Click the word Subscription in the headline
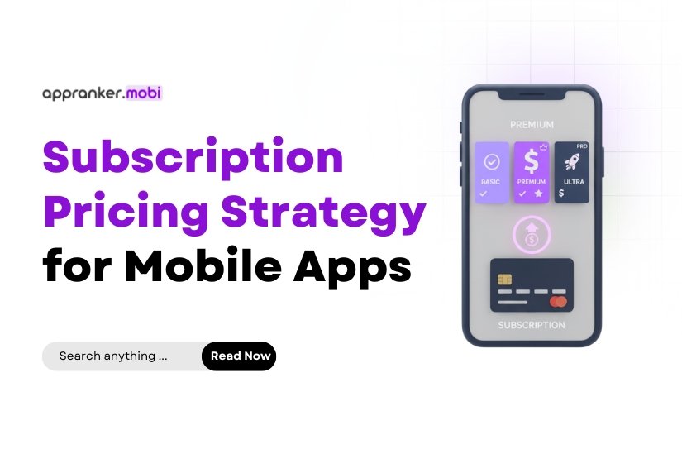[193, 157]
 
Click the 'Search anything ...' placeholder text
[113, 356]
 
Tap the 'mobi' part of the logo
[145, 93]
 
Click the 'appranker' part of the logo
[83, 93]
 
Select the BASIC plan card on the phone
[492, 172]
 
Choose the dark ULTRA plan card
[571, 172]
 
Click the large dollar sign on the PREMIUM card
[532, 162]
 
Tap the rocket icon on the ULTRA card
[570, 160]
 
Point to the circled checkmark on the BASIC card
[492, 161]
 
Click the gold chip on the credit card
[503, 279]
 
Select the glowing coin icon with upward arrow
[532, 234]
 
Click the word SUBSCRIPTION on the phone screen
[532, 325]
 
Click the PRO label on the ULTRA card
[582, 146]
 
